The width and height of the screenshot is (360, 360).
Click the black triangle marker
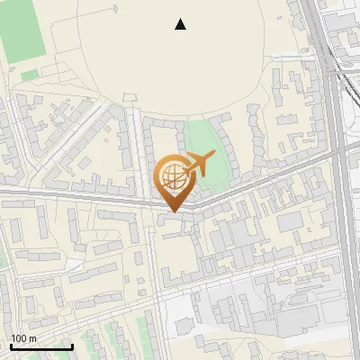pos(181,24)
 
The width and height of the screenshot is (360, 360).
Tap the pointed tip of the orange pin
pos(172,212)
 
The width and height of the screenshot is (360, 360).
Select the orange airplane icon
pos(198,165)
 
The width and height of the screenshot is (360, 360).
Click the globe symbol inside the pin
pos(171,176)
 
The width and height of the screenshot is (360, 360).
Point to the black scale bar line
pos(41,346)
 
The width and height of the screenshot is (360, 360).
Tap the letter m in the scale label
pos(33,338)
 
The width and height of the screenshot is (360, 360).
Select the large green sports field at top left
pos(23,31)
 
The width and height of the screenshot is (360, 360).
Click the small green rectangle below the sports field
pos(30,75)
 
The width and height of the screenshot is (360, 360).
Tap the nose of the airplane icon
pos(214,155)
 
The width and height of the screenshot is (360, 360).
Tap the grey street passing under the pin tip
pos(135,202)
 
